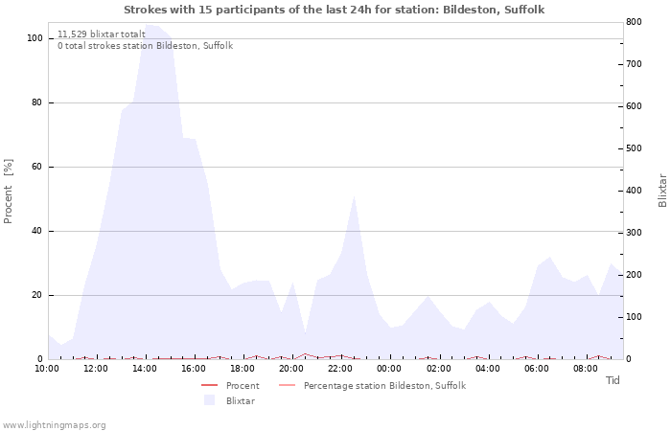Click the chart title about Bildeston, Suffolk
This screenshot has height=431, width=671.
[335, 10]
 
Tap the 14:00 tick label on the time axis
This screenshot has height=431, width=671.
[145, 368]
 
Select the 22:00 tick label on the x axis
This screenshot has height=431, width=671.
[340, 368]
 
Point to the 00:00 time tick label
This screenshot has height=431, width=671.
[389, 368]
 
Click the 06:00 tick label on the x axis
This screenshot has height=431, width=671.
[536, 368]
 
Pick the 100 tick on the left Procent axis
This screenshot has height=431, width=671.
[35, 38]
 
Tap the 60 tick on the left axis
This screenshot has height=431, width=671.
[37, 167]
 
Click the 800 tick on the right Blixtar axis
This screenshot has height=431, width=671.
[634, 22]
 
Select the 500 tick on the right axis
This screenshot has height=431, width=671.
[634, 148]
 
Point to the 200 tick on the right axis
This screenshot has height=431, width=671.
[634, 275]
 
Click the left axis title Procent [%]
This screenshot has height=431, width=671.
[9, 192]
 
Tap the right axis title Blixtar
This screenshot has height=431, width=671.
[662, 191]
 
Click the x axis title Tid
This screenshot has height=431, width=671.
[613, 380]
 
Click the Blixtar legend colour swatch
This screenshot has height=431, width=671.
[210, 400]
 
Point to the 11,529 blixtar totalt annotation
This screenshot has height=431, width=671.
[102, 34]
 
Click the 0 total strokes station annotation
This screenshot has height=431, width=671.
[145, 45]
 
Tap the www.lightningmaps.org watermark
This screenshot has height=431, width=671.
[55, 424]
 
